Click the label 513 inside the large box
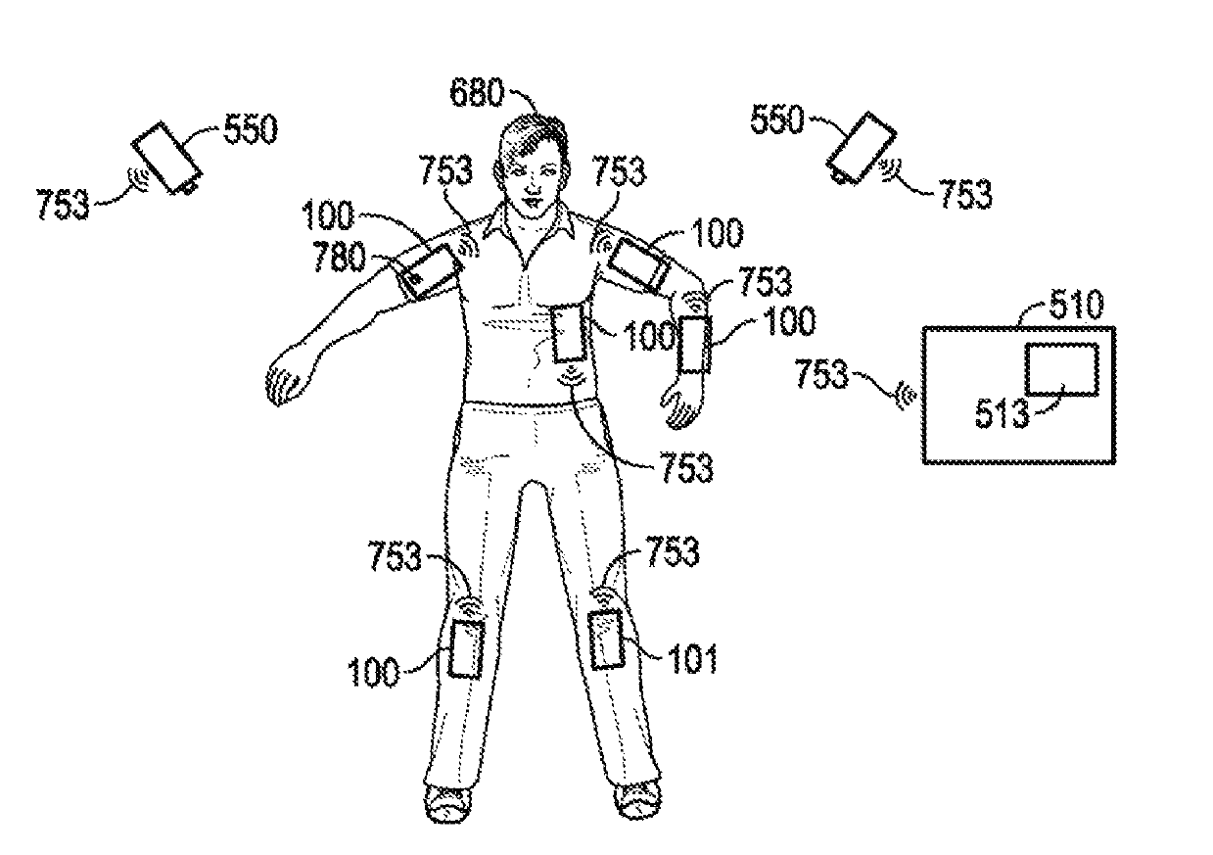click(x=1003, y=413)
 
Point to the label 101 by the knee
click(x=693, y=658)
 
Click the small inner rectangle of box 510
click(x=1060, y=370)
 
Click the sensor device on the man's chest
click(x=570, y=334)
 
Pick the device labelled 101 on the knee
click(x=608, y=639)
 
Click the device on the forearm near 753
click(x=693, y=345)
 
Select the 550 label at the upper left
click(x=251, y=129)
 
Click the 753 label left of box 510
click(x=821, y=373)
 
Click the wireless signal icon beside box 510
click(x=908, y=394)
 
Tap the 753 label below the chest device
click(x=685, y=468)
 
